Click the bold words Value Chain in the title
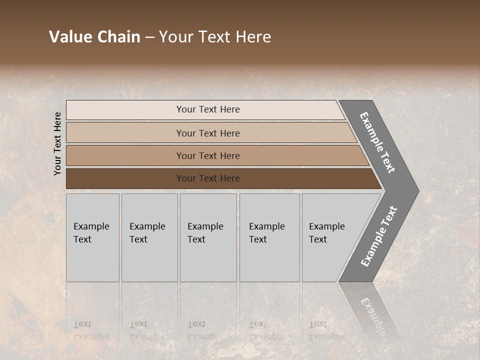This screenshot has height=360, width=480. pyautogui.click(x=94, y=37)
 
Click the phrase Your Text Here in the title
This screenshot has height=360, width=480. pyautogui.click(x=215, y=37)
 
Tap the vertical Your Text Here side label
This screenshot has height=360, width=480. pyautogui.click(x=57, y=143)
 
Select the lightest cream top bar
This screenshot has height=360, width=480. pyautogui.click(x=125, y=110)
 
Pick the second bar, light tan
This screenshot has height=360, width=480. pyautogui.click(x=125, y=133)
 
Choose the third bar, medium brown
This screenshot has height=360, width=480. pyautogui.click(x=125, y=155)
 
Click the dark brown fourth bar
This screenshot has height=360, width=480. pyautogui.click(x=125, y=178)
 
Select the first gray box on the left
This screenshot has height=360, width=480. pyautogui.click(x=92, y=260)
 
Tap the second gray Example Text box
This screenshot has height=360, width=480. pyautogui.click(x=149, y=260)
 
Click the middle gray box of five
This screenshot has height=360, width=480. pyautogui.click(x=208, y=260)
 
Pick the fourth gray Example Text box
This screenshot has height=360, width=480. pyautogui.click(x=269, y=260)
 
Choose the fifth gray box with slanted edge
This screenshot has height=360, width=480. pyautogui.click(x=325, y=260)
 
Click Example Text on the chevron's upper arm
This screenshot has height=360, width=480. pyautogui.click(x=377, y=142)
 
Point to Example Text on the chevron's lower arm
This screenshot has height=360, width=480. pyautogui.click(x=379, y=236)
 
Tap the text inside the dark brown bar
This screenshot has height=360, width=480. pyautogui.click(x=208, y=178)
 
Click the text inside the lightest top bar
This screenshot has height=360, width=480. pyautogui.click(x=208, y=109)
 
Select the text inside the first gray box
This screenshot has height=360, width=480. pyautogui.click(x=91, y=233)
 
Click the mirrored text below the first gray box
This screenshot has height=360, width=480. pyautogui.click(x=91, y=330)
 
